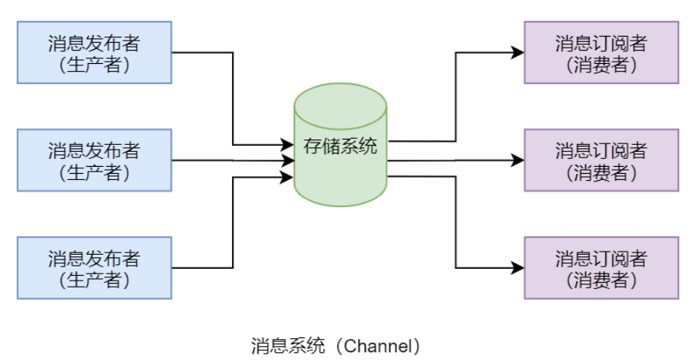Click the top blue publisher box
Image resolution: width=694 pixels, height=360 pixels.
tap(93, 52)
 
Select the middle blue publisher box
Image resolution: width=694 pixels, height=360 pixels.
tap(93, 160)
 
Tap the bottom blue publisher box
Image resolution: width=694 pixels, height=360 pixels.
tap(93, 267)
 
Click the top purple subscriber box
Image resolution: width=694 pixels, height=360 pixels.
tap(601, 52)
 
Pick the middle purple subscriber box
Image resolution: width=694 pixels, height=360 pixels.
tap(601, 160)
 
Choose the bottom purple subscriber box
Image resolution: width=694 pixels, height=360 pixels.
tap(601, 267)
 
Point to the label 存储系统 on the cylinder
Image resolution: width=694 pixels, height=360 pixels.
tap(340, 146)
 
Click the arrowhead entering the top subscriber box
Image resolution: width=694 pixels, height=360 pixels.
tap(518, 52)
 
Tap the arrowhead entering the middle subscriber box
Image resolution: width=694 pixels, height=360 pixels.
tap(518, 160)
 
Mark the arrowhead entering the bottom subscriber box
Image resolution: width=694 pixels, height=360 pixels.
tap(518, 267)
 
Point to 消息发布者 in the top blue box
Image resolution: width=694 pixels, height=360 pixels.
tap(93, 42)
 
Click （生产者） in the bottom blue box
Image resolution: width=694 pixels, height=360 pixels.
tap(93, 278)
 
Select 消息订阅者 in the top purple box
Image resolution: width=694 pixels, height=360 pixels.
tap(601, 42)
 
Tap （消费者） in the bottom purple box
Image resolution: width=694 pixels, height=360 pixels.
tap(601, 278)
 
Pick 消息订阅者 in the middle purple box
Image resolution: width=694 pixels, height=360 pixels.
tap(601, 150)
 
